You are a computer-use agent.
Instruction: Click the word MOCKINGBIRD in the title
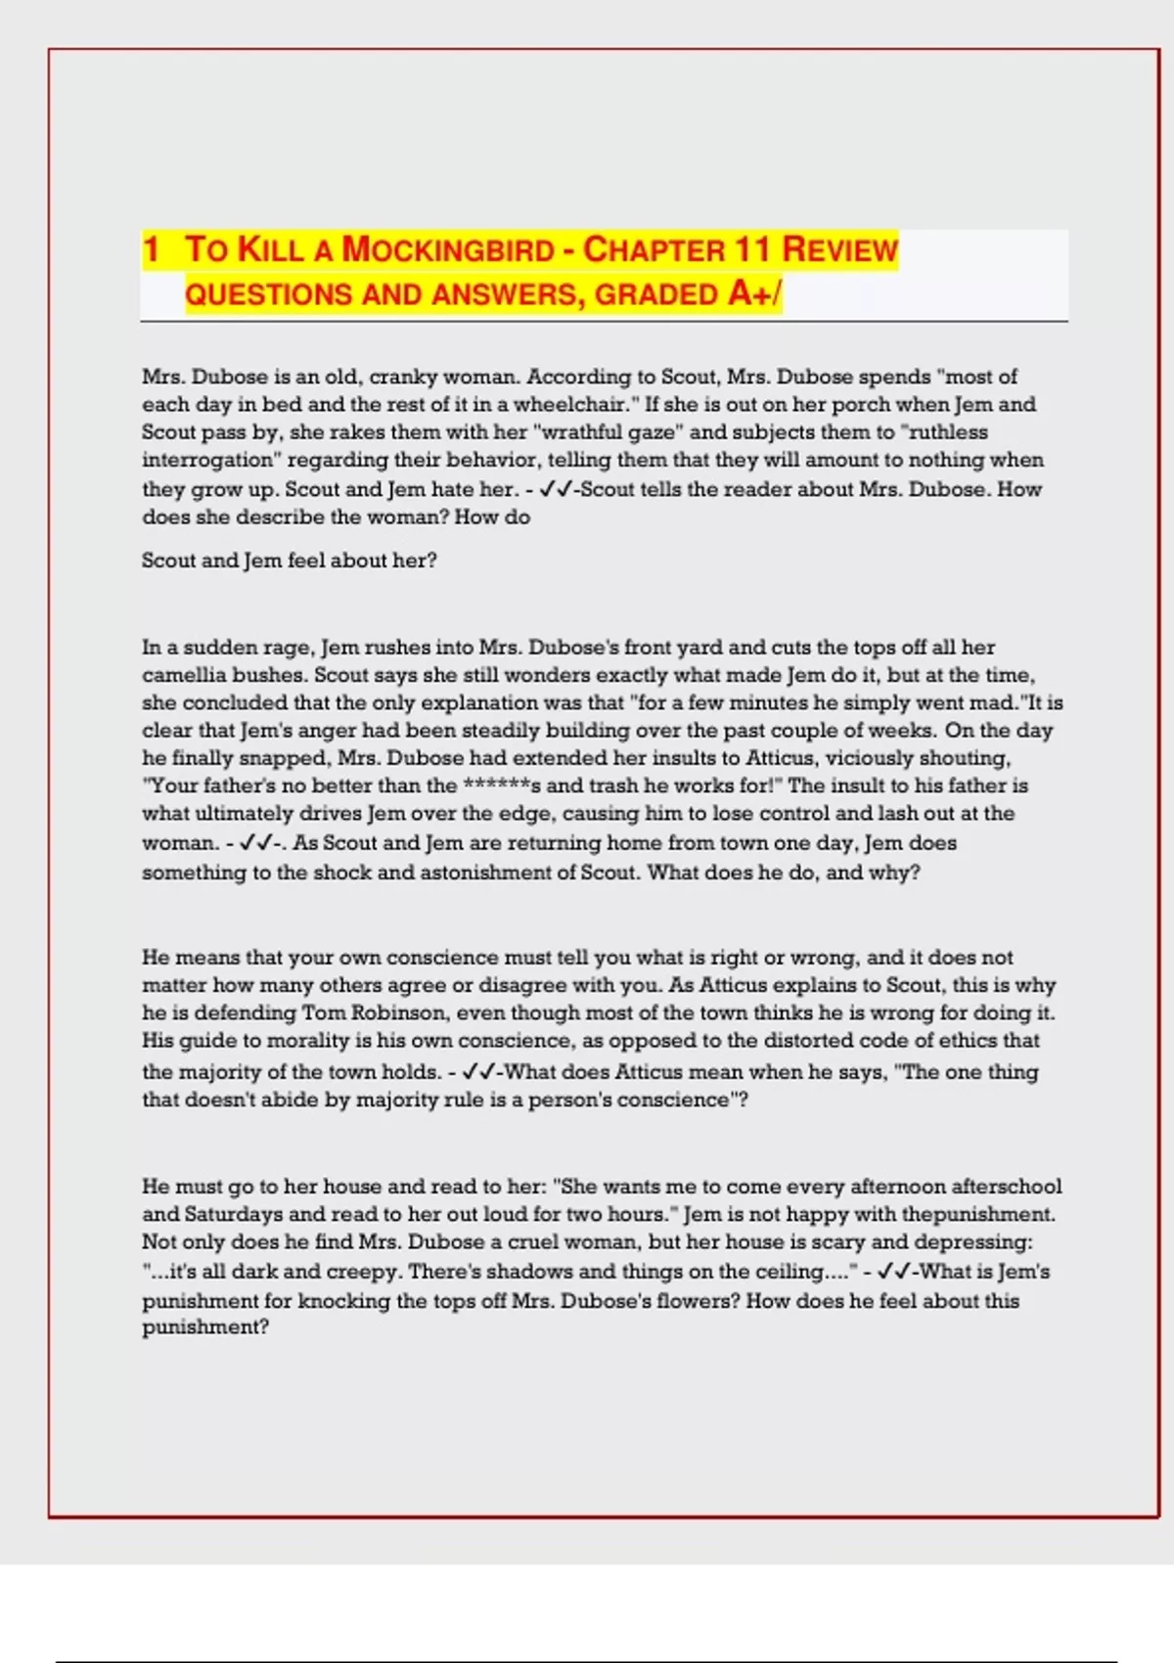[x=448, y=250]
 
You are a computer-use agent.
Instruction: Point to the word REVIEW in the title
[x=839, y=250]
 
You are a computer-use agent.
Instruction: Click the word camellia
[x=185, y=675]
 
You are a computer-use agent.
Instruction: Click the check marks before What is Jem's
[x=894, y=1272]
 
